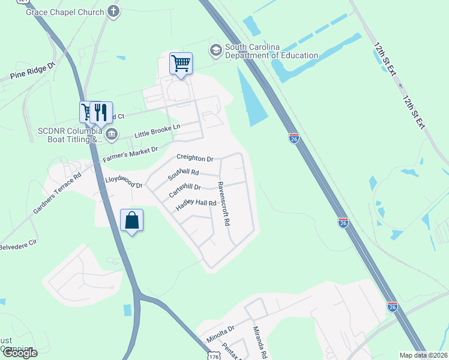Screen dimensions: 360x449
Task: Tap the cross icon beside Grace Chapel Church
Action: point(113,11)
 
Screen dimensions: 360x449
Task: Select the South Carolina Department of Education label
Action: point(271,52)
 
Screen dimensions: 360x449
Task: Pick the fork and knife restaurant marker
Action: point(100,112)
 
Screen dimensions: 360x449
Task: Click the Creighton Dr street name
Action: point(194,158)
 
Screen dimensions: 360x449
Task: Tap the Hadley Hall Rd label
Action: point(196,205)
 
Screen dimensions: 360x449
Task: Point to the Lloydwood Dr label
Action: point(124,182)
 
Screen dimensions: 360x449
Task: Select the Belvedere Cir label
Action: point(18,245)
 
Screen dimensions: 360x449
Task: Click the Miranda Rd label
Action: point(259,342)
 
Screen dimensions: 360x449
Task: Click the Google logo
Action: point(19,353)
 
